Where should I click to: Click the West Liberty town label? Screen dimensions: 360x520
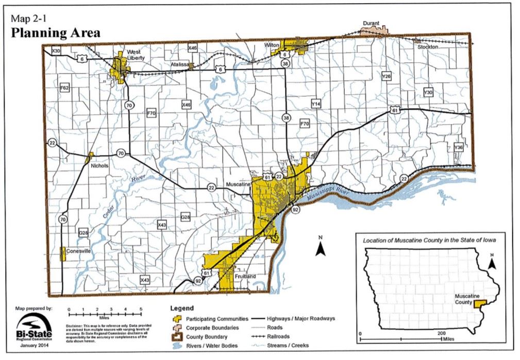136,55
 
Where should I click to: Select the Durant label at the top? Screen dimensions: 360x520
371,23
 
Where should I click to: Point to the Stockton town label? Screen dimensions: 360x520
428,47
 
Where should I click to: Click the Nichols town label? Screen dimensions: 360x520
99,166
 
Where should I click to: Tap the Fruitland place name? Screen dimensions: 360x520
245,276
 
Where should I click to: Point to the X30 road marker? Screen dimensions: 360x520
56,51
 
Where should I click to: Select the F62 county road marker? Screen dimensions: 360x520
64,88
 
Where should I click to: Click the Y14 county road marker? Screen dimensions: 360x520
316,105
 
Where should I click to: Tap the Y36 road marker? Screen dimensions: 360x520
459,148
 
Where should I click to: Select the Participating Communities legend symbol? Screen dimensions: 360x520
176,319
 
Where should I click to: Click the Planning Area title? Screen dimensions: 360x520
56,33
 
